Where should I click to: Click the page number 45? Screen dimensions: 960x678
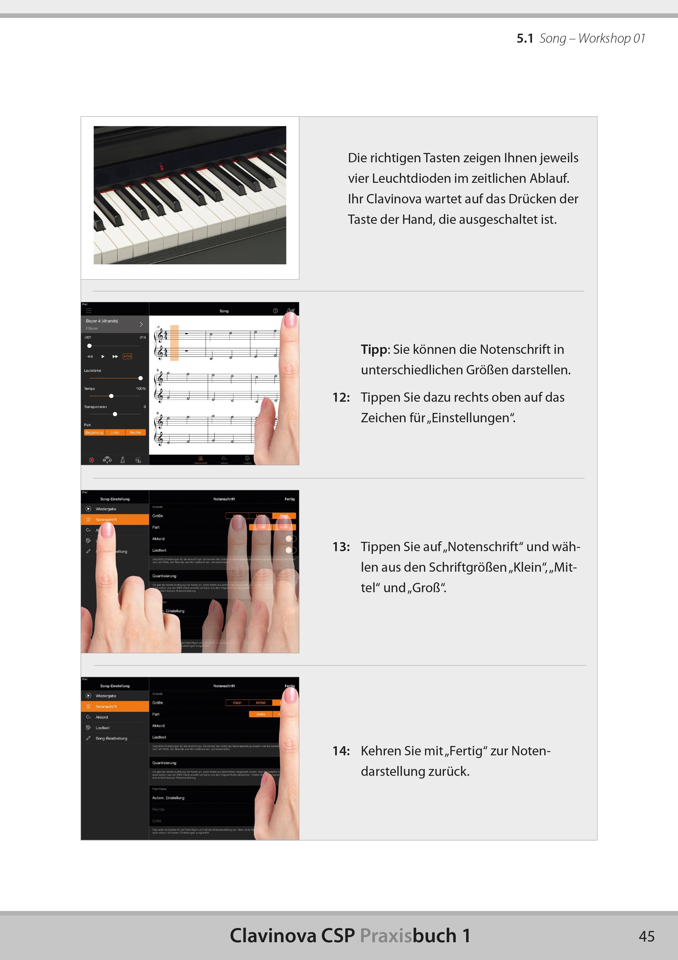point(646,936)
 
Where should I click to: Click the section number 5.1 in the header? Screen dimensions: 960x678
point(525,39)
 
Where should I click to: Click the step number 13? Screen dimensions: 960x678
point(341,547)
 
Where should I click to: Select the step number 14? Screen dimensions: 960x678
point(341,751)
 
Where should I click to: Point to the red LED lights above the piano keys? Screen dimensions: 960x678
point(162,167)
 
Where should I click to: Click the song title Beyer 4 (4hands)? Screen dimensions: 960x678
point(102,321)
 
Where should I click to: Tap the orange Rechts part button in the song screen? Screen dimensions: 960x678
point(135,432)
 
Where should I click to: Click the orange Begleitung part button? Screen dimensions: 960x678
point(94,432)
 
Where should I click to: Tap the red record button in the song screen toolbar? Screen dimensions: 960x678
point(92,460)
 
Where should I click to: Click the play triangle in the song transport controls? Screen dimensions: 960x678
point(103,357)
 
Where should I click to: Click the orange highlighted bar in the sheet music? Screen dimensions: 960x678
point(174,343)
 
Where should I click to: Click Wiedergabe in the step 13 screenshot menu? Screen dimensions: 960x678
point(106,509)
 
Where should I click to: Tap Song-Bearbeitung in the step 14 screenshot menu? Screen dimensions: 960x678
point(111,738)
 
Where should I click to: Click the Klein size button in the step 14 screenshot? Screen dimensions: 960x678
point(237,703)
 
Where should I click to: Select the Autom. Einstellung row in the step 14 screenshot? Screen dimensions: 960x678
point(168,798)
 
